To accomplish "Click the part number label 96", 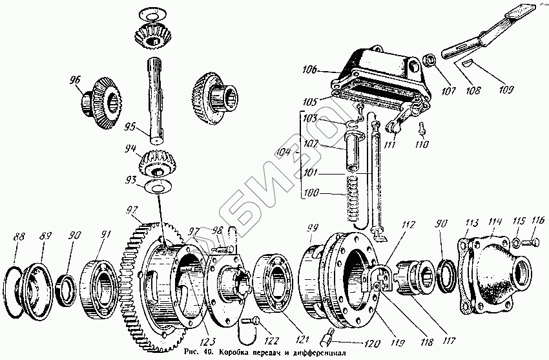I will (76, 80).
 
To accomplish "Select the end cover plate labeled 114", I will (493, 265).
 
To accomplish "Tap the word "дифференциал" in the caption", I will (311, 354).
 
